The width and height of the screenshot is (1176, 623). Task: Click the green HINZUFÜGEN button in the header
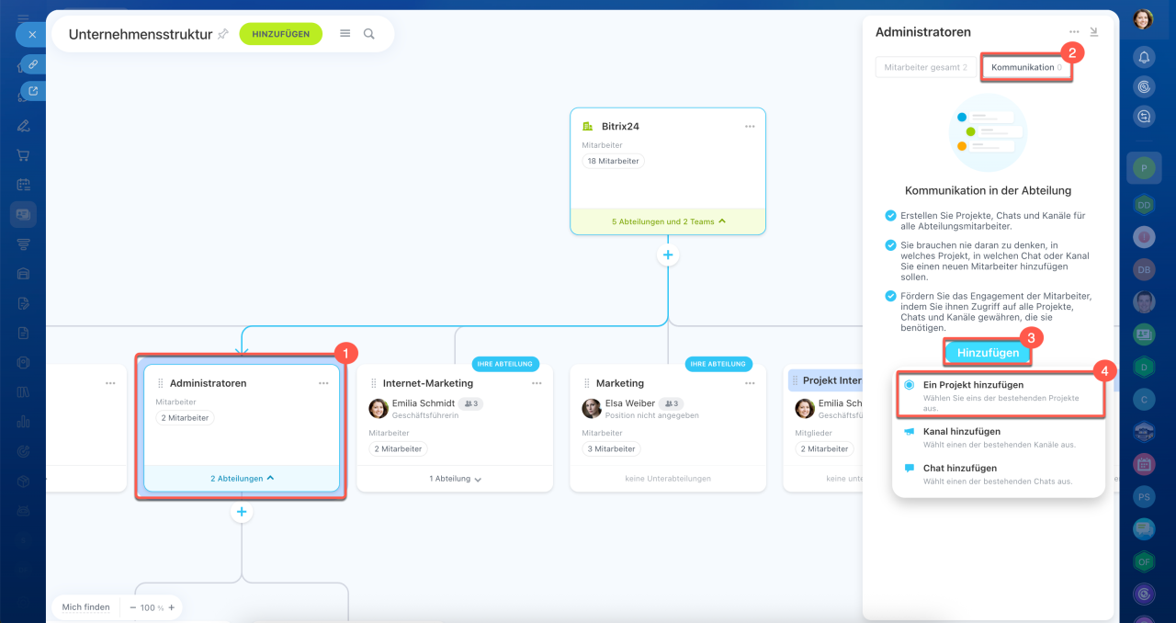(281, 34)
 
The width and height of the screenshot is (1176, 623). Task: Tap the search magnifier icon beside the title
(369, 34)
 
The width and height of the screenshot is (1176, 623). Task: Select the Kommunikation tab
(1026, 67)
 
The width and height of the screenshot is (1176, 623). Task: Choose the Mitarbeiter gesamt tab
(925, 67)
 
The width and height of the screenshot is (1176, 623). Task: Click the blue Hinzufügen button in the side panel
(988, 353)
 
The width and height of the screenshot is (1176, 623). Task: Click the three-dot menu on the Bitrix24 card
(750, 127)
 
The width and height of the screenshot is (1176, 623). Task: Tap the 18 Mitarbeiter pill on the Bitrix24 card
(613, 162)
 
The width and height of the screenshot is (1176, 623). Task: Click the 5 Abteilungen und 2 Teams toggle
(668, 221)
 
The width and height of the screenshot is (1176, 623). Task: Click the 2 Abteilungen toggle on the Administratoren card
(242, 479)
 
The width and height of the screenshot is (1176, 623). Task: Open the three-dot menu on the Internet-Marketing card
(537, 383)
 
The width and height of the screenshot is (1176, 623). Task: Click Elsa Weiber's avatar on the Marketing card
(592, 408)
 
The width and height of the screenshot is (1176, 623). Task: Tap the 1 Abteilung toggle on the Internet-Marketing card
(455, 479)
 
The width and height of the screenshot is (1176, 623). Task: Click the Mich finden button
(86, 607)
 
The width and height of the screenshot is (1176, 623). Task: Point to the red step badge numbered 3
(1031, 338)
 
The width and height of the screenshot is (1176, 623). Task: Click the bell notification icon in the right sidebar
(1144, 57)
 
